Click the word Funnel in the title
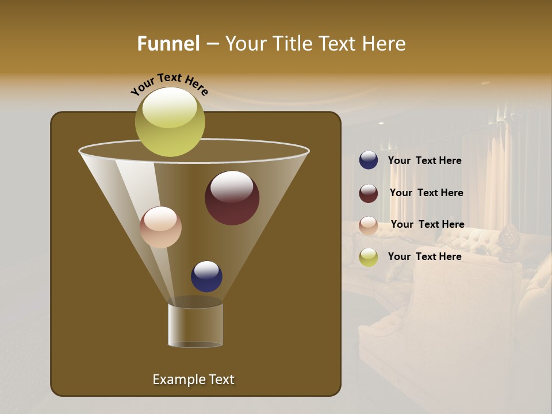[168, 44]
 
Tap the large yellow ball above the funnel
[170, 122]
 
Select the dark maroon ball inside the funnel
[232, 198]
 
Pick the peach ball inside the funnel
[160, 227]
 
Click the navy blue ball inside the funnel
[206, 276]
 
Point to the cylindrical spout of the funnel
[195, 324]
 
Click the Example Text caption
[193, 379]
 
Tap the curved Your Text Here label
[169, 84]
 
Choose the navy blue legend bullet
[369, 160]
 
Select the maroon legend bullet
[369, 193]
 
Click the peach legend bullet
[369, 225]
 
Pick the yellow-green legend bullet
[369, 257]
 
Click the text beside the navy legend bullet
[424, 161]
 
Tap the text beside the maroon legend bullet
[426, 193]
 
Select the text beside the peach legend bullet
[427, 225]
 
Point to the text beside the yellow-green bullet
[424, 257]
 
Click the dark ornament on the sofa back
[508, 242]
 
